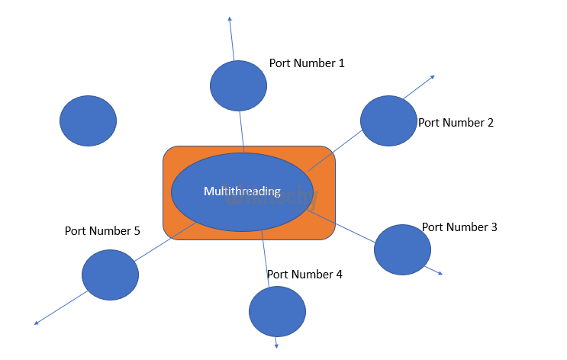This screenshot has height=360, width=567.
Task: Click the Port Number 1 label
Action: pyautogui.click(x=307, y=63)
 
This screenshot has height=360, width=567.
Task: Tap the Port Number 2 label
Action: pyautogui.click(x=456, y=122)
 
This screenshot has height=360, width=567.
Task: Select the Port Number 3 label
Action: pyautogui.click(x=459, y=227)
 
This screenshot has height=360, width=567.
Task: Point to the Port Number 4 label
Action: pyautogui.click(x=304, y=274)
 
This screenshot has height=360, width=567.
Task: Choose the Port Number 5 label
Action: pyautogui.click(x=102, y=230)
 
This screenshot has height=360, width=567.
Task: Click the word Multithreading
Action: pyautogui.click(x=242, y=191)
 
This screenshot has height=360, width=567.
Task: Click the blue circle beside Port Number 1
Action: pyautogui.click(x=239, y=86)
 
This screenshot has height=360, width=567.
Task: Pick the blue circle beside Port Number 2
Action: pyautogui.click(x=388, y=121)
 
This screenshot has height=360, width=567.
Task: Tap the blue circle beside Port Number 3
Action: pyautogui.click(x=402, y=249)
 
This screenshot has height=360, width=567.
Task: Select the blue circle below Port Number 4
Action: pyautogui.click(x=277, y=311)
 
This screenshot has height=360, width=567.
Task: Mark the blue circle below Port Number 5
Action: pyautogui.click(x=110, y=275)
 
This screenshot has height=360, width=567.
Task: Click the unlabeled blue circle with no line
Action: pyautogui.click(x=88, y=121)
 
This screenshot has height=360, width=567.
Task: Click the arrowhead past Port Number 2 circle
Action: pyautogui.click(x=433, y=76)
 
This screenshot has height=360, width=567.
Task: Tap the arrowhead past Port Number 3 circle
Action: pyautogui.click(x=440, y=273)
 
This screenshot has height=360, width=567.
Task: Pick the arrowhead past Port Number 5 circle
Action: pyautogui.click(x=37, y=323)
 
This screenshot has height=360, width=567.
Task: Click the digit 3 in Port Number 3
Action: pyautogui.click(x=494, y=227)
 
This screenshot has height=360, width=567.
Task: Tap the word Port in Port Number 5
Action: pyautogui.click(x=76, y=230)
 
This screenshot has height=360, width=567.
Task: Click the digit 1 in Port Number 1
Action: pyautogui.click(x=341, y=63)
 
